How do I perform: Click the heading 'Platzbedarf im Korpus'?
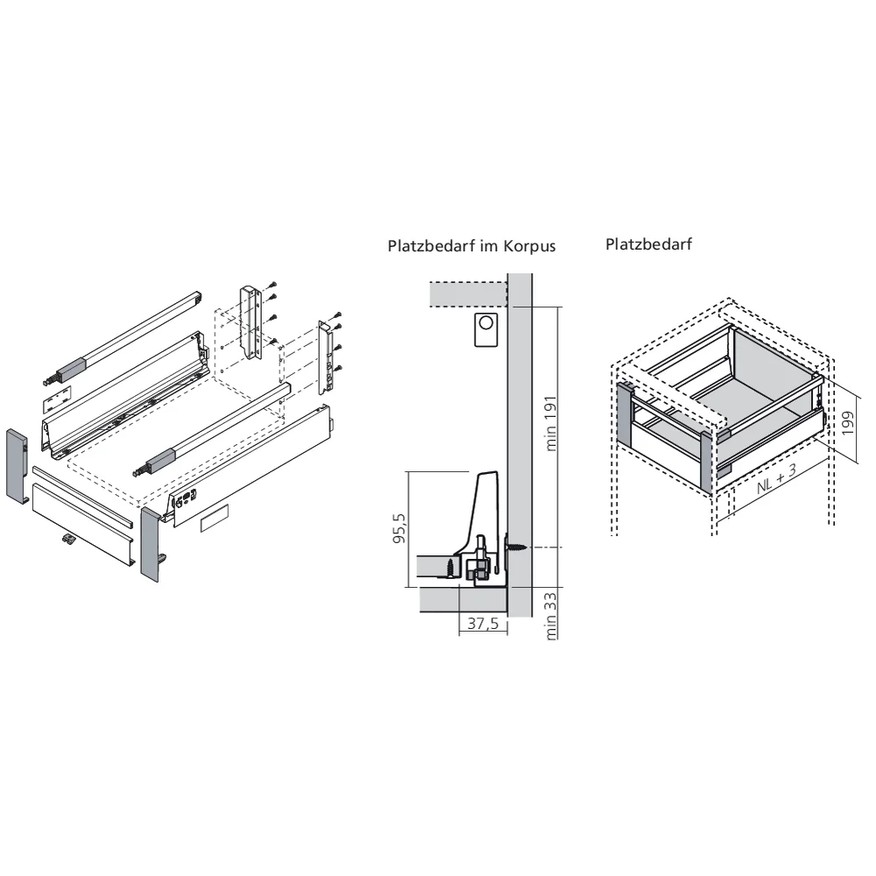click(471, 246)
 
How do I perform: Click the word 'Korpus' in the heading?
click(529, 246)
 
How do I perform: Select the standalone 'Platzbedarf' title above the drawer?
click(648, 244)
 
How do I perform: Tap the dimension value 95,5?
click(399, 528)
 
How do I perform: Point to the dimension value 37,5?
click(483, 624)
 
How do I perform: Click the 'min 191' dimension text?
click(551, 423)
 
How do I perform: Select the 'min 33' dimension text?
click(551, 616)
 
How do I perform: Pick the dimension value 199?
click(847, 422)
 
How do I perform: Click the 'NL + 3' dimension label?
click(776, 479)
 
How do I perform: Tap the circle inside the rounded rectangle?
click(486, 322)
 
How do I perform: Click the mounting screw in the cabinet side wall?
click(516, 547)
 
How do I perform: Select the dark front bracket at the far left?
click(18, 466)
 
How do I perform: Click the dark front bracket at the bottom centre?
click(152, 544)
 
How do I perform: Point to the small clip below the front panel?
click(68, 539)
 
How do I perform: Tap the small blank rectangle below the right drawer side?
click(215, 518)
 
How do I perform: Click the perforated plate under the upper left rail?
click(57, 397)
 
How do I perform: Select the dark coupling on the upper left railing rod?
click(72, 370)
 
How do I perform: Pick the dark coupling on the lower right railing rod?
click(161, 460)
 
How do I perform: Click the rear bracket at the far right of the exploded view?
click(326, 356)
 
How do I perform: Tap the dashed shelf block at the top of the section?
click(468, 294)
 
